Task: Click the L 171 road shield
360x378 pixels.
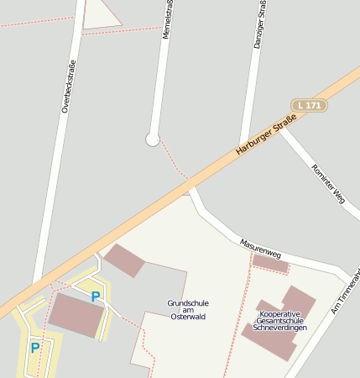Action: point(308,105)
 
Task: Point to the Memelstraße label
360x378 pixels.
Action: point(169,18)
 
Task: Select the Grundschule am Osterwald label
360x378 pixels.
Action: point(187,309)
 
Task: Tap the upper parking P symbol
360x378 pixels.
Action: point(95,296)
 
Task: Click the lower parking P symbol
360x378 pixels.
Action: point(34,347)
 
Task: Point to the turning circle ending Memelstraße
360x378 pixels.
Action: point(152,139)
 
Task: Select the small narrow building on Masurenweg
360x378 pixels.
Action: point(270,265)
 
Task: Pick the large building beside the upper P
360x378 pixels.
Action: point(76,315)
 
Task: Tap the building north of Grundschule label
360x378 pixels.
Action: point(124,260)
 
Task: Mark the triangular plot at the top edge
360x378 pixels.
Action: point(100,13)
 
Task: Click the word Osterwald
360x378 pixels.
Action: point(187,317)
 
